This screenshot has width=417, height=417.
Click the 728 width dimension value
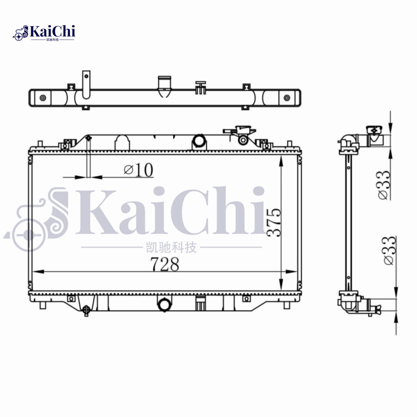tap(165, 264)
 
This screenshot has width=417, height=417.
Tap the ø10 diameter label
tap(138, 170)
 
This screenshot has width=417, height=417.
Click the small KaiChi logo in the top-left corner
tap(44, 33)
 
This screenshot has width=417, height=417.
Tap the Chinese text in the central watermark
tap(173, 247)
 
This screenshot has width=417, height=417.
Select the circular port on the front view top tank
tap(199, 141)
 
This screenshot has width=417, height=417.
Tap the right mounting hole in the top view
tap(286, 97)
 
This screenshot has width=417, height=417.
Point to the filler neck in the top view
tap(165, 87)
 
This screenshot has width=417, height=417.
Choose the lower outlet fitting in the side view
tap(372, 306)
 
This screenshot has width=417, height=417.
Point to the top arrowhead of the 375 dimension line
tap(281, 158)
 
